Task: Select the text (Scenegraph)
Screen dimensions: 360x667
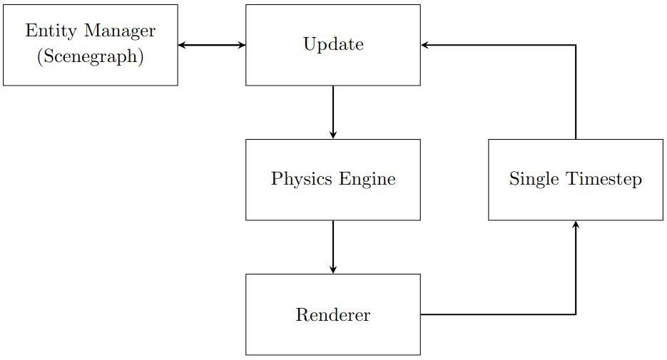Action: (91, 57)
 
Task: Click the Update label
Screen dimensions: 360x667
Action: (333, 45)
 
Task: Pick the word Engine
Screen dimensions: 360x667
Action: (367, 179)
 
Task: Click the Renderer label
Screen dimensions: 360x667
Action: (333, 314)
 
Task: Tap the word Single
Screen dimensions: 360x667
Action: (532, 179)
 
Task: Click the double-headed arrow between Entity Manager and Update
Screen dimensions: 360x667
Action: (212, 45)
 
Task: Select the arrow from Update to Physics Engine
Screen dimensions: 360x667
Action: (333, 112)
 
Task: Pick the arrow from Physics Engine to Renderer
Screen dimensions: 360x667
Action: (333, 247)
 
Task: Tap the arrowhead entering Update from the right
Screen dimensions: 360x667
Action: (425, 45)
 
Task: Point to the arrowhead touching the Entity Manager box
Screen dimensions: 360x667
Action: (182, 45)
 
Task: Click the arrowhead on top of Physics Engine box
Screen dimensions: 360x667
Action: (333, 135)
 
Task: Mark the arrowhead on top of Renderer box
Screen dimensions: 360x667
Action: (333, 269)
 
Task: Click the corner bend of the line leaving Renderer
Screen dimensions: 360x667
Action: (576, 314)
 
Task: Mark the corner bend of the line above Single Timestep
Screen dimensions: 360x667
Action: (576, 45)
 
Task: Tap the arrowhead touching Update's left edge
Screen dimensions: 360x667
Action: (242, 45)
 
